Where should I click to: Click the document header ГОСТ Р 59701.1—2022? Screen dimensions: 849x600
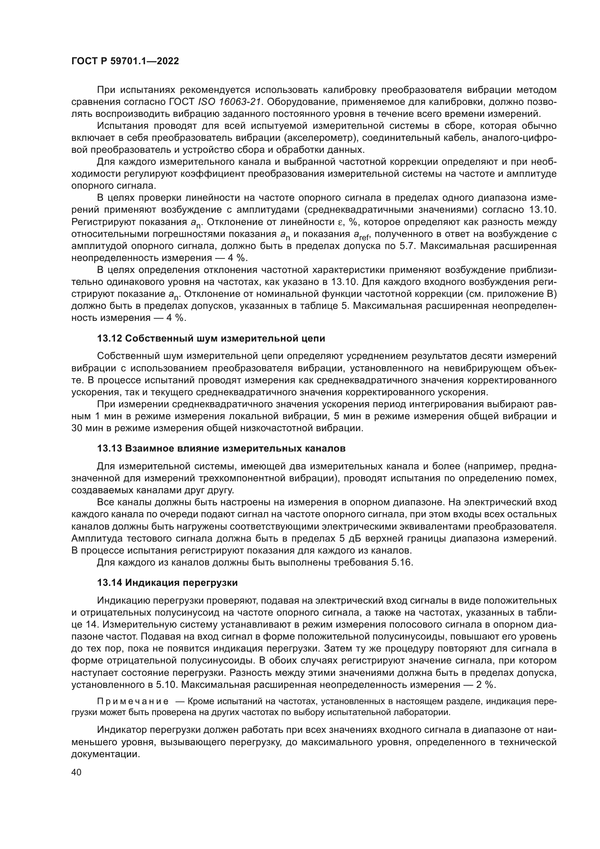(x=125, y=61)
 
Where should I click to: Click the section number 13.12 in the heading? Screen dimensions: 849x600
(x=110, y=338)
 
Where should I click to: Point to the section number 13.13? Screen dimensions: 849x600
(x=110, y=449)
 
